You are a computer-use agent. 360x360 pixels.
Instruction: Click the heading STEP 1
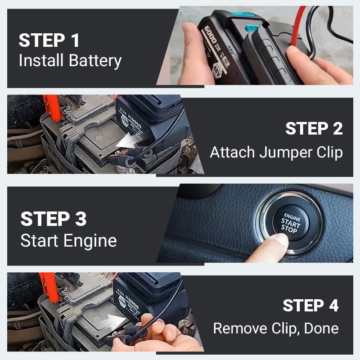pyautogui.click(x=49, y=40)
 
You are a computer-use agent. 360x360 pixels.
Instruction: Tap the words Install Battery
pyautogui.click(x=70, y=60)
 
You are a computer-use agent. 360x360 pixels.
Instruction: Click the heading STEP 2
pyautogui.click(x=314, y=129)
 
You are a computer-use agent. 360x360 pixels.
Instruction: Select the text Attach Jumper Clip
pyautogui.click(x=276, y=152)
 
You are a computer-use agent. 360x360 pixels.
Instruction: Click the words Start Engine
pyautogui.click(x=68, y=240)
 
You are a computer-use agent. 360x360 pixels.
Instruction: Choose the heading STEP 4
pyautogui.click(x=310, y=306)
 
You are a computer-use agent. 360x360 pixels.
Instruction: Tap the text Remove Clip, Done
pyautogui.click(x=275, y=328)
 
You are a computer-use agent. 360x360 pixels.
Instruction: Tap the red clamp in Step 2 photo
pyautogui.click(x=52, y=108)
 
